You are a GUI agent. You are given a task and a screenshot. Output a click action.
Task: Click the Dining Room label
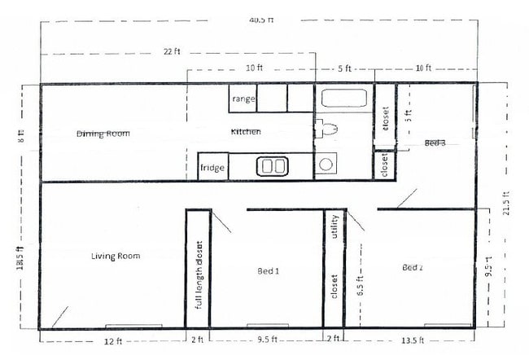point(103,134)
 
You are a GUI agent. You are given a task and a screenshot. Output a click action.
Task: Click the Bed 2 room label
point(413,267)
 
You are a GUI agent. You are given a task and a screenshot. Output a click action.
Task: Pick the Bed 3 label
point(435,143)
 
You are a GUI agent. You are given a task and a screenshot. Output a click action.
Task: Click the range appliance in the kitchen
point(243,99)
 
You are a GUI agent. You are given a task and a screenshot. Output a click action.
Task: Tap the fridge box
point(212,167)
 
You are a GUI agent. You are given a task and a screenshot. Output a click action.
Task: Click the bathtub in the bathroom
point(343,101)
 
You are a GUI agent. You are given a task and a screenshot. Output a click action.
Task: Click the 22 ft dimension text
point(170,52)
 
